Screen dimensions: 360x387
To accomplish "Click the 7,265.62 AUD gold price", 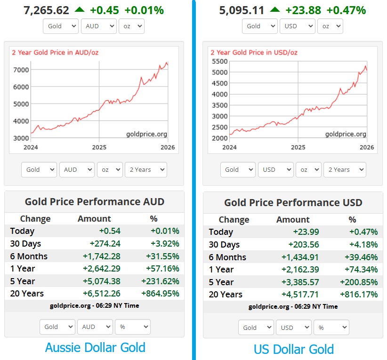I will [x=46, y=10].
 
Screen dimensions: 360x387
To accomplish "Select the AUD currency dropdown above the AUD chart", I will [x=98, y=26].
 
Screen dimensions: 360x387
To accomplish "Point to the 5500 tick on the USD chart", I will [x=220, y=61].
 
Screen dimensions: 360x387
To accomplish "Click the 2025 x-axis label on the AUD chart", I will [x=99, y=147].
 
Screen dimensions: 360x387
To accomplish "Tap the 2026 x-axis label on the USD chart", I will [x=367, y=147].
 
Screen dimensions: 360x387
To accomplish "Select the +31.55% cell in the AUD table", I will [x=165, y=256].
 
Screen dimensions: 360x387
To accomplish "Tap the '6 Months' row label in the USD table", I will [x=227, y=257].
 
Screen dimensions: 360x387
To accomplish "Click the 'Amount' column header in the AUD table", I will [x=94, y=218].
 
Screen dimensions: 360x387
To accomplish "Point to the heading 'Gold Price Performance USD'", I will [x=293, y=203].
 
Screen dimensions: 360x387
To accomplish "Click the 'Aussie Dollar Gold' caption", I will [x=95, y=348].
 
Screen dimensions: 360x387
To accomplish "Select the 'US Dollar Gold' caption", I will [x=294, y=349].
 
